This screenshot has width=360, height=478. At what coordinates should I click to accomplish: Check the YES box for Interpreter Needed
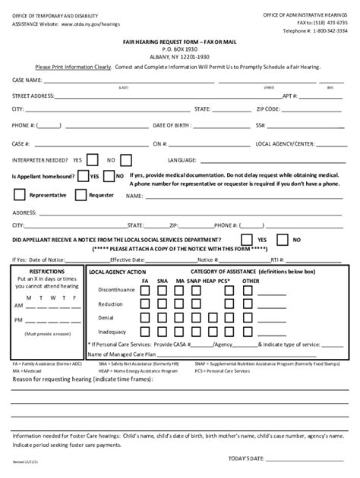pos(92,160)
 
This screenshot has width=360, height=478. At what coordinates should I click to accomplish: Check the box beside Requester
pos(81,195)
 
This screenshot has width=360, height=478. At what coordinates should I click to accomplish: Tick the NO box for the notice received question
pos(283,241)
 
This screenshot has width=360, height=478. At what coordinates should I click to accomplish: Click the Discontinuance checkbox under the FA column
pos(144,290)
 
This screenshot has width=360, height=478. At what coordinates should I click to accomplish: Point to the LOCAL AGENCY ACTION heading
pos(117,272)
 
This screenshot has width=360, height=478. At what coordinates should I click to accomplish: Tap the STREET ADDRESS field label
pos(33,96)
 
